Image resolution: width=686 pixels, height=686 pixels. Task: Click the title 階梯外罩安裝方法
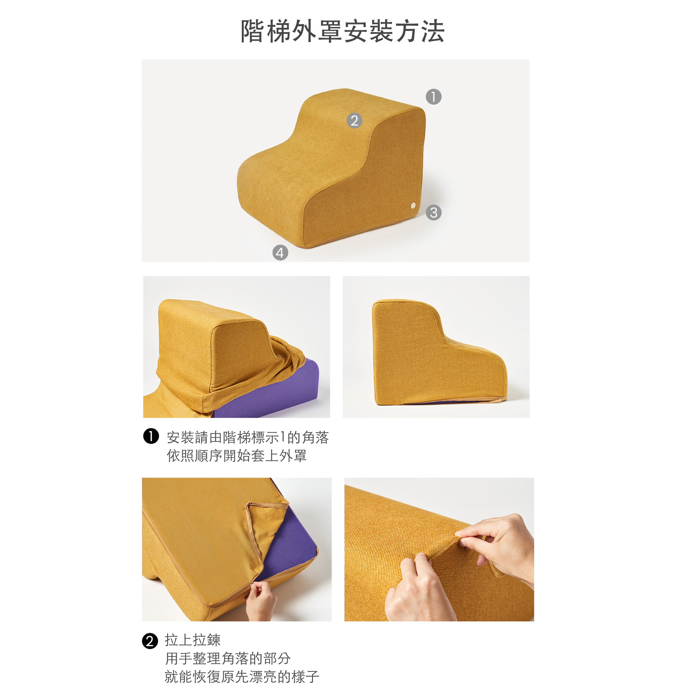[343, 31]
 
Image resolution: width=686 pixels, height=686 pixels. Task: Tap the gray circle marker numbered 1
[433, 96]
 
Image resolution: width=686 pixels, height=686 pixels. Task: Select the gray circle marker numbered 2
[354, 120]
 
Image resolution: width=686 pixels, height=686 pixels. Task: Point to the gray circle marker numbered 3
[433, 212]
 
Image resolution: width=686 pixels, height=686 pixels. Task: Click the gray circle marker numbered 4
[280, 253]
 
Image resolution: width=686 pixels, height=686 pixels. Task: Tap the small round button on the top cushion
[413, 205]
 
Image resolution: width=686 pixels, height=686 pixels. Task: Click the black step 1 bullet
[151, 436]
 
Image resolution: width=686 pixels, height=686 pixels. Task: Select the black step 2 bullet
[150, 641]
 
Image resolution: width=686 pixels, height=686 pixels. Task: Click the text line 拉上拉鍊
[193, 640]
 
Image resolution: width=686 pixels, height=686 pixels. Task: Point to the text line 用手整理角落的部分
[228, 658]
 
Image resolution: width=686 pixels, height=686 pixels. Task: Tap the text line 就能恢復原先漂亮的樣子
[242, 677]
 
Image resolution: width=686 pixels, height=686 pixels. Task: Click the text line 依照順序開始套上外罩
[237, 455]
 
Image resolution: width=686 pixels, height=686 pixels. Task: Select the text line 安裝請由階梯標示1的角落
[248, 437]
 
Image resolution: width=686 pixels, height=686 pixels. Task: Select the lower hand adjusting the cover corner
[418, 590]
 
